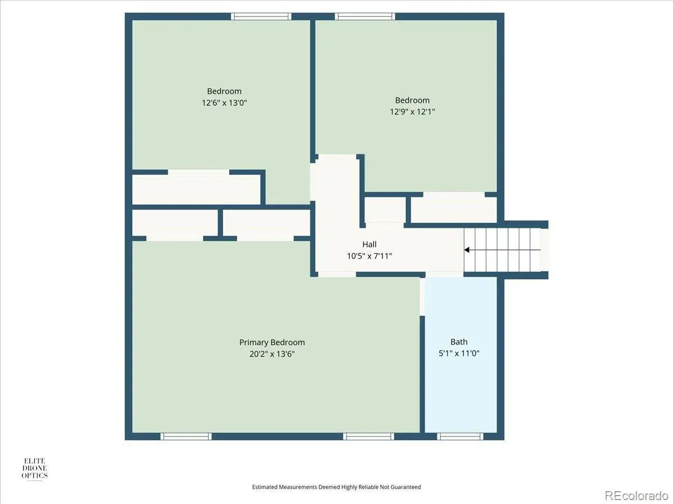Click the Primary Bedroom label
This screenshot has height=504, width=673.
272,342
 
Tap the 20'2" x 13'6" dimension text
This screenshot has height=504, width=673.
272,354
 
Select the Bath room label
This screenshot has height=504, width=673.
459,342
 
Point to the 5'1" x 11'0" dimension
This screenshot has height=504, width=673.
459,353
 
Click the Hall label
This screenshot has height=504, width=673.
370,244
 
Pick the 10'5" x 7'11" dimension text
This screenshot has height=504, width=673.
370,256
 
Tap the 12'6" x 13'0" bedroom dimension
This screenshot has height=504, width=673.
224,102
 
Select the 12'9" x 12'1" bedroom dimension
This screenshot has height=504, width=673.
412,111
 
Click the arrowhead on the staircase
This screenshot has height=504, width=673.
467,250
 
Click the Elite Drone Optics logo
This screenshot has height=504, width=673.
34,469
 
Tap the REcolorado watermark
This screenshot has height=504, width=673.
636,495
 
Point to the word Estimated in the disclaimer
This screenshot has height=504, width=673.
265,487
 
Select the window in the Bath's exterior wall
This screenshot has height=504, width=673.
460,436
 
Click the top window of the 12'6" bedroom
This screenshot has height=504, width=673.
261,17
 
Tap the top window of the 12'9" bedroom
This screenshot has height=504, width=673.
365,17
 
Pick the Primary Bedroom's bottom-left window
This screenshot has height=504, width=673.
186,436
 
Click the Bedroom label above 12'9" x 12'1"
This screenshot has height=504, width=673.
412,100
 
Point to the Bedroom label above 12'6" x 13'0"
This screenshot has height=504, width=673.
224,91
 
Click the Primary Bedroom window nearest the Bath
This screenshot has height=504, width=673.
368,436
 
